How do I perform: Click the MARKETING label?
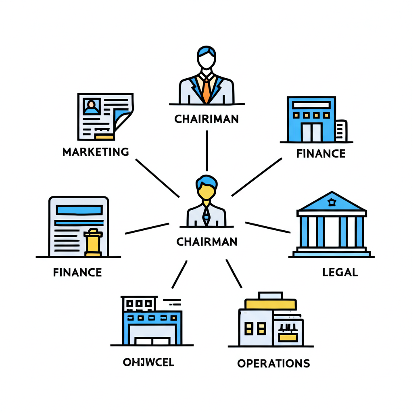96,152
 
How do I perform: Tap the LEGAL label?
340,272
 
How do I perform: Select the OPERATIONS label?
273,363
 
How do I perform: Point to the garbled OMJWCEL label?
148,362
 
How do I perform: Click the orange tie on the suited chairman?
206,91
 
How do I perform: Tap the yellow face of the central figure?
206,192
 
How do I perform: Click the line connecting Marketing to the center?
157,178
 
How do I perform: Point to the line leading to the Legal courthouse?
268,227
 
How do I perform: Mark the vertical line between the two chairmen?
206,150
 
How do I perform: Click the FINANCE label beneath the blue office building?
321,154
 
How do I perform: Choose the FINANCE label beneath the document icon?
77,272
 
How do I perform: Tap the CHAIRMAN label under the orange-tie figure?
206,119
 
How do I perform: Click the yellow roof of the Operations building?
271,304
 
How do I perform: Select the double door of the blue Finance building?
311,132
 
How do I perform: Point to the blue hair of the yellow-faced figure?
206,181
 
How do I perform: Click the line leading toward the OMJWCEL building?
179,274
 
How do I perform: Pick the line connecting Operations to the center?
234,273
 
